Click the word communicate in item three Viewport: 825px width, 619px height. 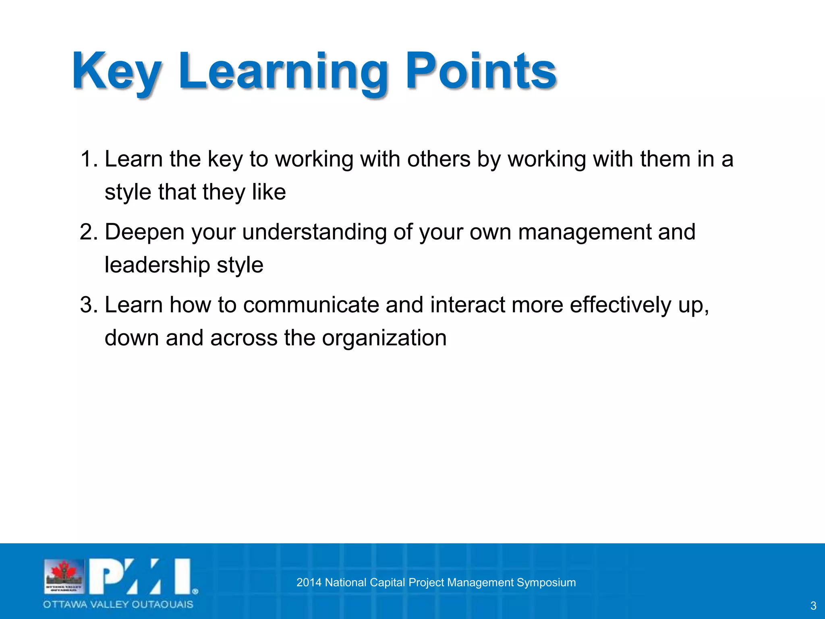(311, 305)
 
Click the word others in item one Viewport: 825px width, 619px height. (439, 159)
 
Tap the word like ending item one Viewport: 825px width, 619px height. (269, 192)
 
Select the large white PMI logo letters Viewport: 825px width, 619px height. (139, 576)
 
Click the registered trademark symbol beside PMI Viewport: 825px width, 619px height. (195, 592)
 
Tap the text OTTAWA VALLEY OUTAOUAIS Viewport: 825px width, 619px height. (118, 604)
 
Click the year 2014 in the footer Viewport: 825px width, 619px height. (309, 583)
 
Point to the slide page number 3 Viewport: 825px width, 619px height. (813, 606)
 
